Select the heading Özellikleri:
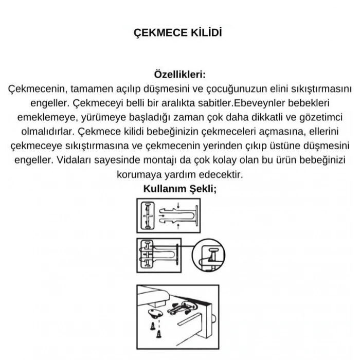point(180,75)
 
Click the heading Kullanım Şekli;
point(180,188)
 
